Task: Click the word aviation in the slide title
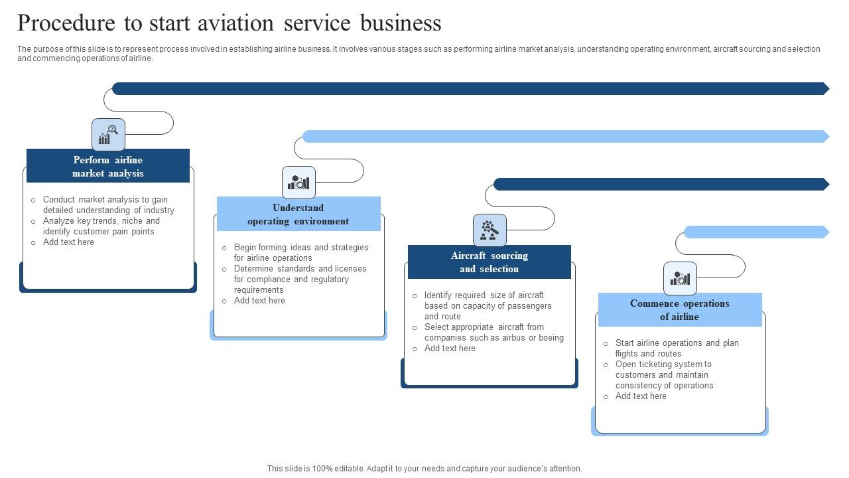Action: (x=236, y=23)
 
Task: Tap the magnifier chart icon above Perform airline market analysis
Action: (x=108, y=135)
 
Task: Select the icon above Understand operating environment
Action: (x=298, y=183)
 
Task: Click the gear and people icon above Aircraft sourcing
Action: (x=490, y=230)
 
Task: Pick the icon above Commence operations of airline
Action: (x=680, y=278)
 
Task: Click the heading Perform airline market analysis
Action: (x=108, y=166)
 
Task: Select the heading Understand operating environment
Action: (x=298, y=214)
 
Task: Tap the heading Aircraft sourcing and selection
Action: (x=490, y=262)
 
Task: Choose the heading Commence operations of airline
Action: (x=680, y=309)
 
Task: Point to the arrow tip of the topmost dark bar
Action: (x=826, y=88)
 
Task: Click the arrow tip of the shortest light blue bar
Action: (x=826, y=232)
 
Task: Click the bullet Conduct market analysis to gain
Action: (x=105, y=204)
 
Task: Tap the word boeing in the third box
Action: (x=551, y=337)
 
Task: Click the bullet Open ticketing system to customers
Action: (x=664, y=374)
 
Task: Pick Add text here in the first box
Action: (x=68, y=242)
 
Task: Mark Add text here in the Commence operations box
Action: (x=641, y=396)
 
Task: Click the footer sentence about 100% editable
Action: (x=424, y=468)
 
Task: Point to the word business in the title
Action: (x=401, y=23)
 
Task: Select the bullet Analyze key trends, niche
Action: (x=101, y=226)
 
